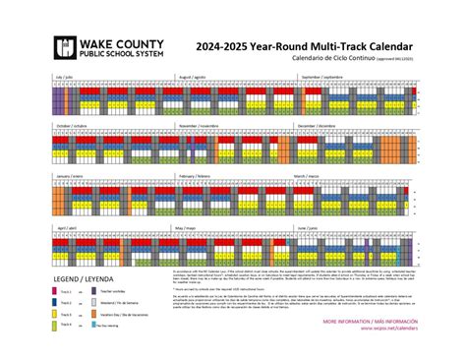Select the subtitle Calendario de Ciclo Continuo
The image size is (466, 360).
click(x=339, y=59)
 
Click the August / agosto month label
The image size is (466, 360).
click(x=192, y=76)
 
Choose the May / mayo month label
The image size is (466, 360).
click(x=186, y=226)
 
